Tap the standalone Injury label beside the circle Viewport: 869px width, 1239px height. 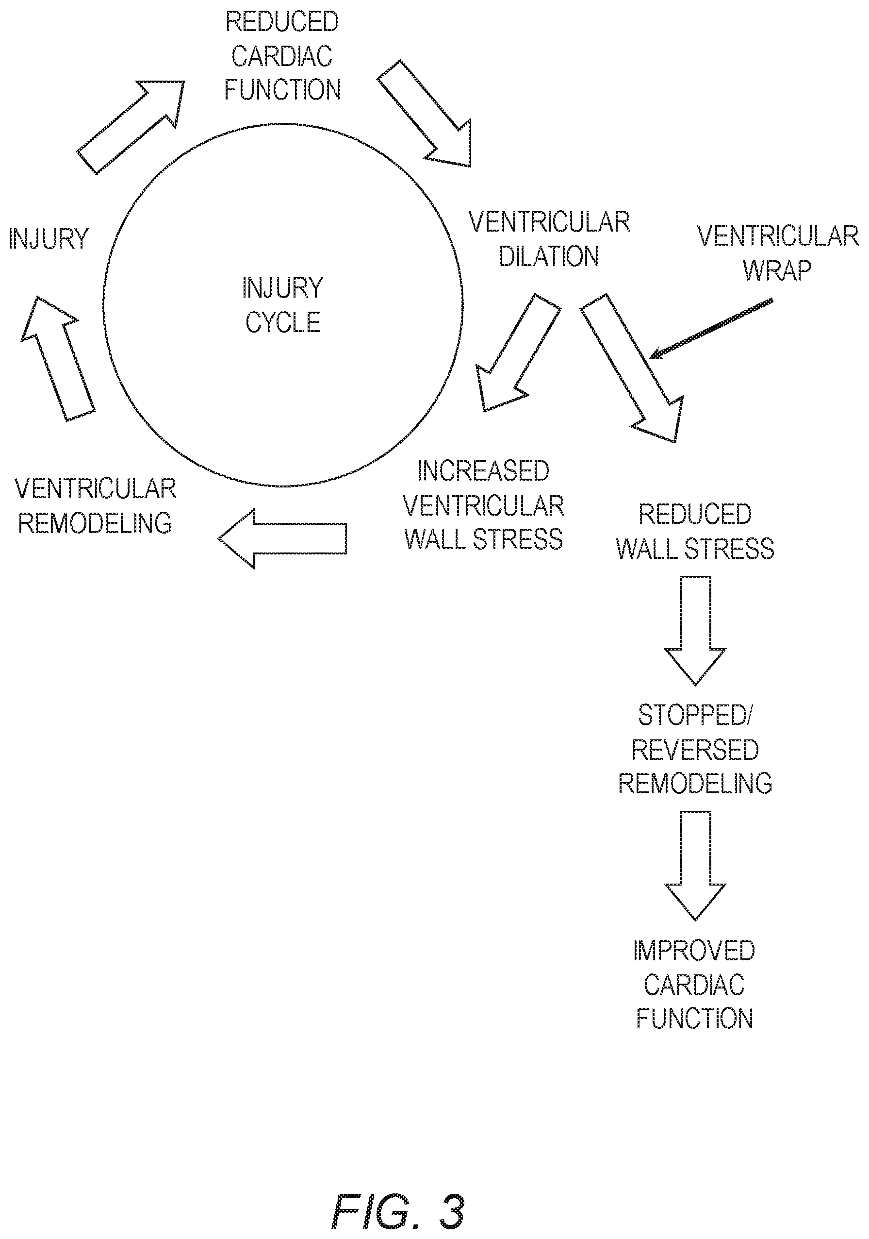(49, 239)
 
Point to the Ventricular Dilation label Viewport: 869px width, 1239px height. (550, 239)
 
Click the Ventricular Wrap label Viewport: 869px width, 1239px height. (778, 252)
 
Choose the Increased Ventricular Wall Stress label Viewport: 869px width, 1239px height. (483, 505)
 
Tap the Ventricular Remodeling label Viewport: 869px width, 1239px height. (96, 505)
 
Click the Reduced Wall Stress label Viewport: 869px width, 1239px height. (695, 531)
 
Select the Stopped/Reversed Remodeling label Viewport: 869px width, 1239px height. (695, 749)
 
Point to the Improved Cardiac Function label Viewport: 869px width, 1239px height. (694, 984)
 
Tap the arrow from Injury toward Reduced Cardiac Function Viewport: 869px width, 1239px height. (131, 127)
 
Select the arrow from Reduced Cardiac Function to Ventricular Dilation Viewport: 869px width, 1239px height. (424, 113)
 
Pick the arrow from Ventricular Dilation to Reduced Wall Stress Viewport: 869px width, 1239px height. (632, 368)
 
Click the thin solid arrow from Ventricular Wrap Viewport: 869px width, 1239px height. (711, 328)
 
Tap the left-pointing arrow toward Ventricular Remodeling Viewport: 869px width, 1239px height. (282, 538)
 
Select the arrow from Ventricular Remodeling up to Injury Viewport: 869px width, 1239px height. (58, 358)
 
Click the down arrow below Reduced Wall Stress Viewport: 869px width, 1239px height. (695, 631)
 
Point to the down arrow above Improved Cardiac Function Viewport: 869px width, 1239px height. (695, 866)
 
